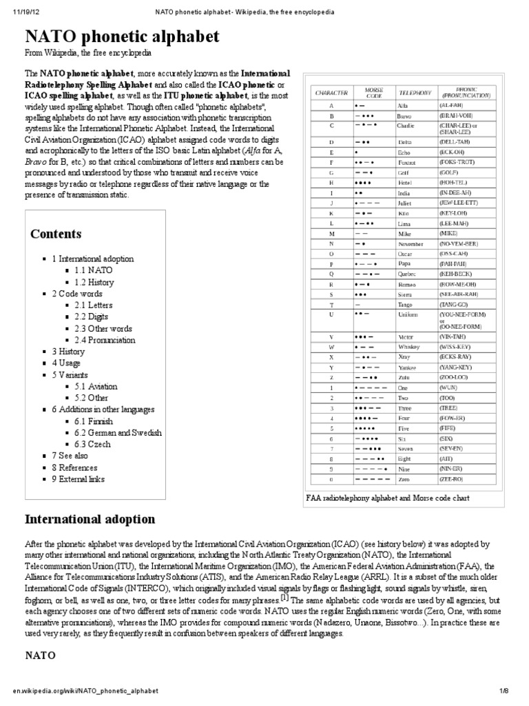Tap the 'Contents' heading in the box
coord(56,234)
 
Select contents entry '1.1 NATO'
coord(93,270)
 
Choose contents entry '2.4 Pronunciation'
coord(105,340)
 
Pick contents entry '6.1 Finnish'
coord(94,421)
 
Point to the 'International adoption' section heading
coord(90,518)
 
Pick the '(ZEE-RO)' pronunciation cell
coord(452,478)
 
